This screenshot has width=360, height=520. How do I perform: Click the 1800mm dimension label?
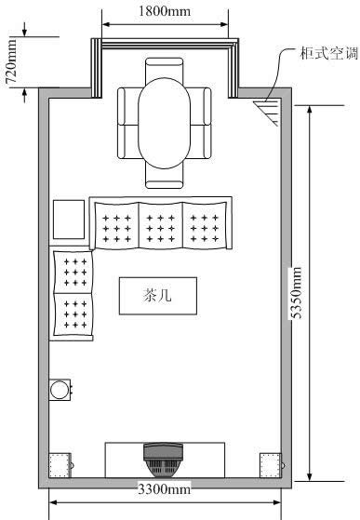click(165, 11)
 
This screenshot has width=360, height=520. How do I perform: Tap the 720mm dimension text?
click(10, 61)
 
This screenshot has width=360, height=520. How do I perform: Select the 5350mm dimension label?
click(295, 292)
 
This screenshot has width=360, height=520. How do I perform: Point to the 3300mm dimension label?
click(164, 489)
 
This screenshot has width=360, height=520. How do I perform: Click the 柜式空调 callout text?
click(329, 53)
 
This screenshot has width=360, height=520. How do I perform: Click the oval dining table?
click(164, 123)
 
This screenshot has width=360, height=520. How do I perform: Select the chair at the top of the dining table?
click(164, 68)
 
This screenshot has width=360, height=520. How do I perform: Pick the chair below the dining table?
click(164, 179)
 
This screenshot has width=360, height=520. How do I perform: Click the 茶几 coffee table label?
click(158, 295)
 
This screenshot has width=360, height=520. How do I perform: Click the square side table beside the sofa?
click(69, 220)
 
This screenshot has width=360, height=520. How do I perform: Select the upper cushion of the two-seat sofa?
click(73, 273)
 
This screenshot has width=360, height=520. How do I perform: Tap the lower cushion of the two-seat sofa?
click(73, 314)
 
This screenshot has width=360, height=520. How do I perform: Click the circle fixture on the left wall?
click(60, 390)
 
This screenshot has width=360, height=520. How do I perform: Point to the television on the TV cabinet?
click(163, 460)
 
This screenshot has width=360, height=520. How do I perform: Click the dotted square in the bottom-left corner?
click(60, 465)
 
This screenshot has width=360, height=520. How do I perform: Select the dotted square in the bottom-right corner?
click(270, 465)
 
